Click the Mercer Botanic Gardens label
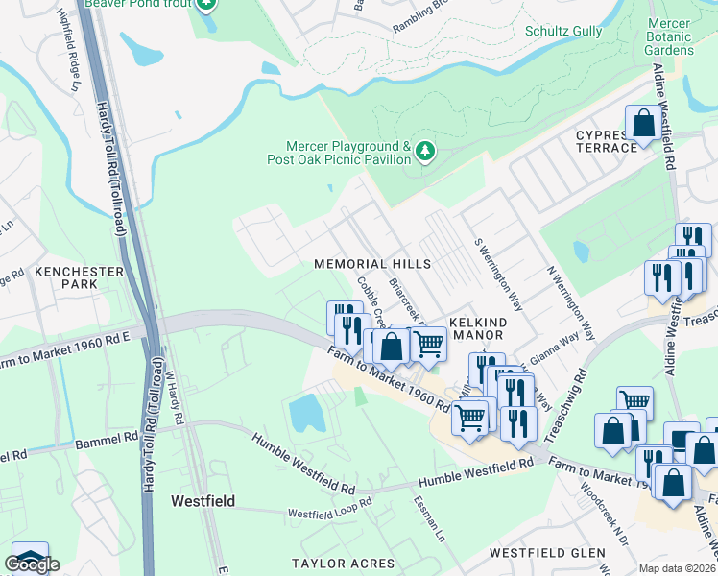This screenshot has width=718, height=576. [670, 36]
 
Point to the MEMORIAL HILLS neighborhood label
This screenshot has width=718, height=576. [371, 263]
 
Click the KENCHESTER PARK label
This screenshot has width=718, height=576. [79, 278]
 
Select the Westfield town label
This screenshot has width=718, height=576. [203, 501]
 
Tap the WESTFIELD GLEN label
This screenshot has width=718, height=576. [547, 553]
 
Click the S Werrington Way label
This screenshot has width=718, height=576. [498, 274]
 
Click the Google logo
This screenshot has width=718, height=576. [33, 564]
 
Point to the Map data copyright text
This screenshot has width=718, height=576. [678, 568]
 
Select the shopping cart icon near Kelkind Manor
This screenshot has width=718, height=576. [428, 345]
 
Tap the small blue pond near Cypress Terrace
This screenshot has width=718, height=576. [581, 252]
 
